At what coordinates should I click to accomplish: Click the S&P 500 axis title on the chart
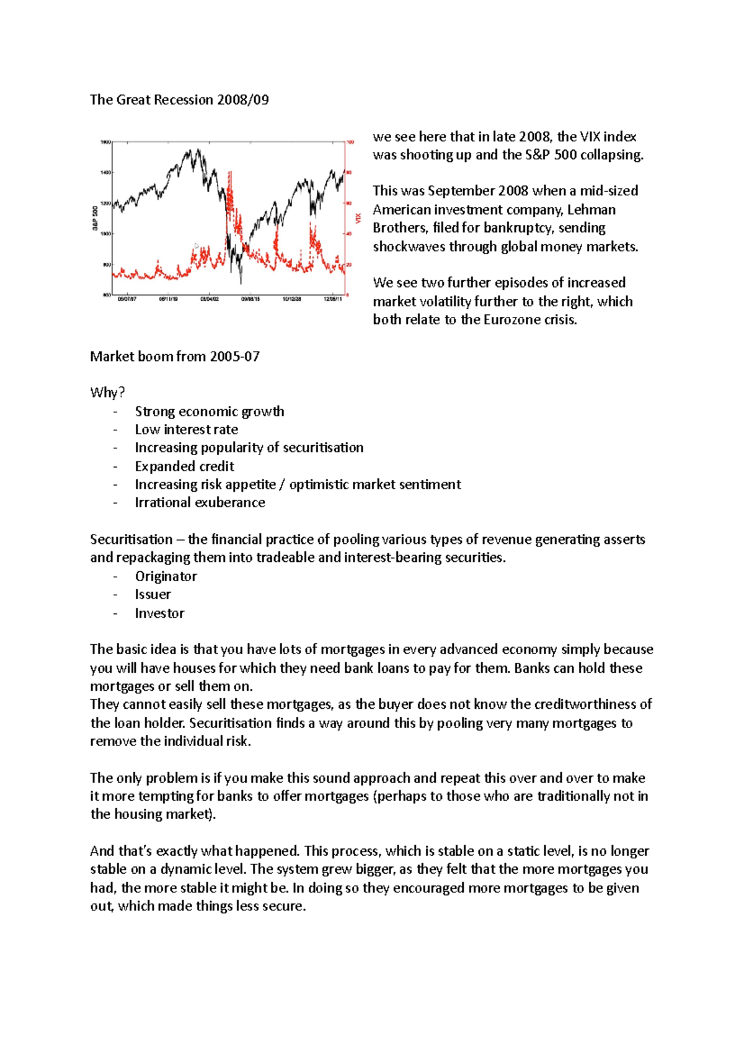(95, 218)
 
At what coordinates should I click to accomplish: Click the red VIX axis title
(358, 218)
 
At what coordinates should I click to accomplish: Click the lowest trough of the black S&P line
(241, 282)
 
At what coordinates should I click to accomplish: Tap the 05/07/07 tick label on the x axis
(126, 299)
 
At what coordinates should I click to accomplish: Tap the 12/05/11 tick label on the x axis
(332, 299)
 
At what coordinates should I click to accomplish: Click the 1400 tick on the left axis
(105, 172)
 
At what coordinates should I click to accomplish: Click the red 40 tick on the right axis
(349, 234)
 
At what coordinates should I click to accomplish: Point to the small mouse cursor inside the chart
(197, 246)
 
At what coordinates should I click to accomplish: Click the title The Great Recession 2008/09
(179, 100)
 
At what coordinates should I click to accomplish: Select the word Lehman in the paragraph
(591, 210)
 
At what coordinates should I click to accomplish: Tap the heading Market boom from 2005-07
(174, 357)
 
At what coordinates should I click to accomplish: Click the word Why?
(107, 393)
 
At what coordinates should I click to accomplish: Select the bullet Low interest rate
(186, 430)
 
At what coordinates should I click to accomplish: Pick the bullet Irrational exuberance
(200, 503)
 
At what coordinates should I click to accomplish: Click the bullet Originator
(166, 577)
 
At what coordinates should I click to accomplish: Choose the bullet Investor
(159, 613)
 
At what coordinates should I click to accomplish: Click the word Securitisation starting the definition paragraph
(131, 540)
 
